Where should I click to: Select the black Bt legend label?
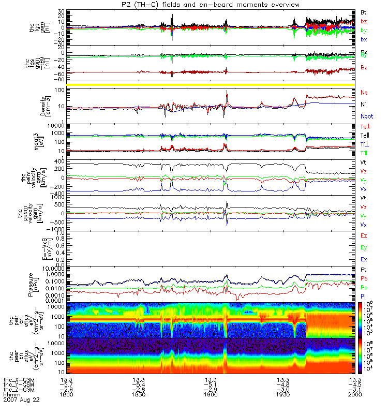[x=364, y=11]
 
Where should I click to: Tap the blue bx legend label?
[x=364, y=40]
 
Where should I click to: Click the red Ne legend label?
[x=364, y=92]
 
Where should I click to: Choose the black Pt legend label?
[x=364, y=271]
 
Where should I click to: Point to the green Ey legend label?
[x=364, y=247]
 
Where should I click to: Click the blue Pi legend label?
[x=364, y=295]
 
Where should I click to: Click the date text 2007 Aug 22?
[x=21, y=400]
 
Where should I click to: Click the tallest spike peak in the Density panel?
[x=227, y=92]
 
